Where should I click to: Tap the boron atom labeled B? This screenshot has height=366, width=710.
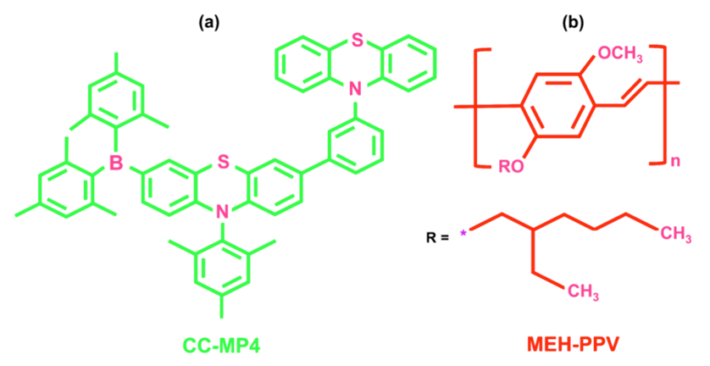[x=116, y=162]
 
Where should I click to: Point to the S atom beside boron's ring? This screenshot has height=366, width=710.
[x=222, y=162]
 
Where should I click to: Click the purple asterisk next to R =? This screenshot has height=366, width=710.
[x=463, y=234]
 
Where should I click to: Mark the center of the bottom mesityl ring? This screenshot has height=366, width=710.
[x=222, y=267]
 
